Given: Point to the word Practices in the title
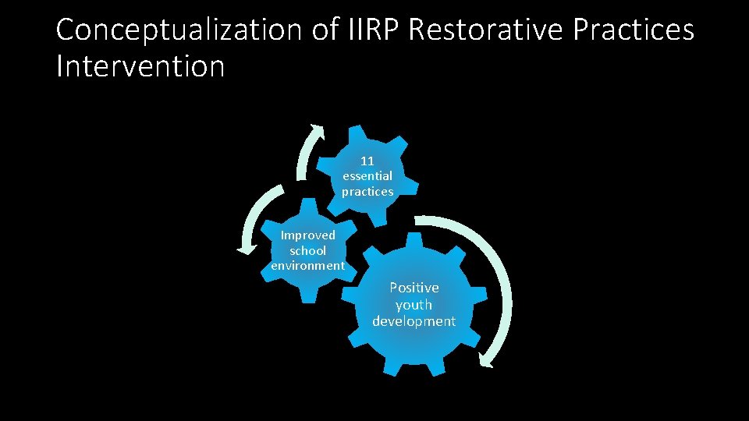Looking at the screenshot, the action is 633,30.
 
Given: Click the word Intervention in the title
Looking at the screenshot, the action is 140,66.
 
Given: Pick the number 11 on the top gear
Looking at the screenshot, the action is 367,161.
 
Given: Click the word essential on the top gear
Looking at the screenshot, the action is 367,176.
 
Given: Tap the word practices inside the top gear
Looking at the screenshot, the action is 367,192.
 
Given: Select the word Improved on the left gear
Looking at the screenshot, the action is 308,235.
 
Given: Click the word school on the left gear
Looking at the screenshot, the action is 308,250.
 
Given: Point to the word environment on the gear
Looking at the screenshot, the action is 308,266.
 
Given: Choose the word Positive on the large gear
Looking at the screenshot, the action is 414,288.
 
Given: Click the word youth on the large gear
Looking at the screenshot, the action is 414,304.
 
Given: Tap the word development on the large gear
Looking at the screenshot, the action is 414,321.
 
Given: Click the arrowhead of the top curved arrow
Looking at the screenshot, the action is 316,129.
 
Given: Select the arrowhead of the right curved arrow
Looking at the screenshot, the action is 488,360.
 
